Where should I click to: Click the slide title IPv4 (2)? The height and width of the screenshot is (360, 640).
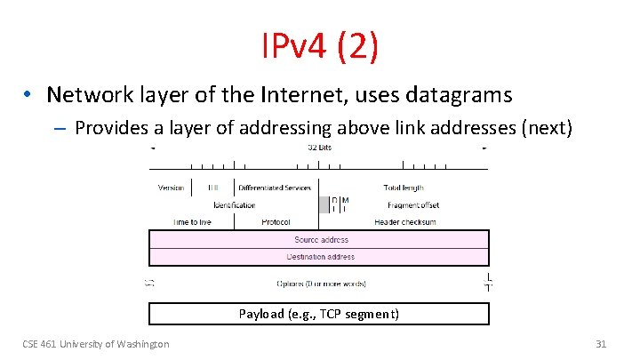320,47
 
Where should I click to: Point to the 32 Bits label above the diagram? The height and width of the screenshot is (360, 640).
319,147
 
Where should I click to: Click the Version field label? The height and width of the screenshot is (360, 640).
172,188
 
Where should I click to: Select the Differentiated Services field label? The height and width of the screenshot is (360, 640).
274,188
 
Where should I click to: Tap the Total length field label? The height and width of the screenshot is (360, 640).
404,188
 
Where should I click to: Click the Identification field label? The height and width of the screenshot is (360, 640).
235,205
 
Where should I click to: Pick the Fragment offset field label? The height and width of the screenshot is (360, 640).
413,205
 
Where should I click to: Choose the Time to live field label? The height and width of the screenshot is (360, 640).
192,222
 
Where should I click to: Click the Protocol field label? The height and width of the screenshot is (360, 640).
276,222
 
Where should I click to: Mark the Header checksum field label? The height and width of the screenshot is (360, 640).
405,222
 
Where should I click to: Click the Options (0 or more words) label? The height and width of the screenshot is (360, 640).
321,284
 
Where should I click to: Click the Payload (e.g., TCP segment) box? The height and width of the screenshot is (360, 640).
319,314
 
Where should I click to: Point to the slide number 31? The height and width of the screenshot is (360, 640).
600,344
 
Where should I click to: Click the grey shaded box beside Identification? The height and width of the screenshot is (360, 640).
324,204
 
